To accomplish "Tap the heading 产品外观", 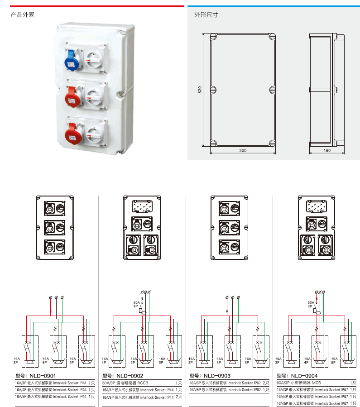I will click(x=22, y=14).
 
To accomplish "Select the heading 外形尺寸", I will click(x=206, y=14).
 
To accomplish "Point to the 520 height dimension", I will click(x=199, y=90).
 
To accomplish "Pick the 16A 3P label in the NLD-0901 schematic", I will click(x=15, y=360).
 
